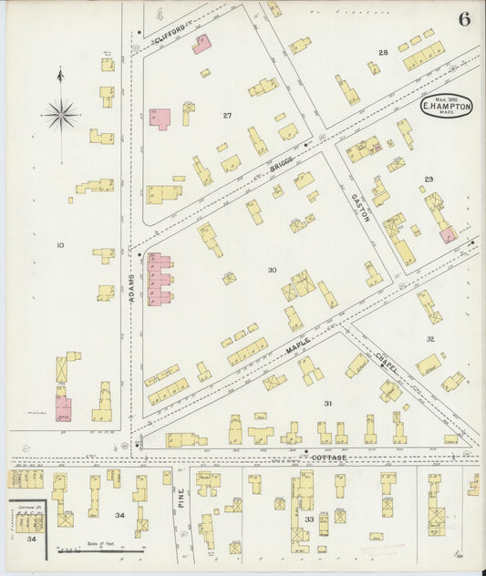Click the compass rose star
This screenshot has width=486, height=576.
pyautogui.click(x=61, y=114)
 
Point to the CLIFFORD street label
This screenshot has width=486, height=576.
pyautogui.click(x=171, y=34)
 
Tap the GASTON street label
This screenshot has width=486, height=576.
pyautogui.click(x=358, y=211)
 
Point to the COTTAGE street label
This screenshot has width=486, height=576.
pyautogui.click(x=326, y=457)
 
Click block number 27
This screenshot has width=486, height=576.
pyautogui.click(x=227, y=115)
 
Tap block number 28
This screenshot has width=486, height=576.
pyautogui.click(x=383, y=53)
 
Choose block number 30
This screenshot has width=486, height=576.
pyautogui.click(x=272, y=270)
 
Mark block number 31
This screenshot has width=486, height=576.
pyautogui.click(x=327, y=402)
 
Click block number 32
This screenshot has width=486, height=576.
pyautogui.click(x=429, y=338)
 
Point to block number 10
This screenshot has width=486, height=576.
pyautogui.click(x=60, y=245)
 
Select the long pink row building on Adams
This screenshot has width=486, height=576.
pyautogui.click(x=160, y=278)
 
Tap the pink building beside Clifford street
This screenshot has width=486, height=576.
pyautogui.click(x=202, y=43)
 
